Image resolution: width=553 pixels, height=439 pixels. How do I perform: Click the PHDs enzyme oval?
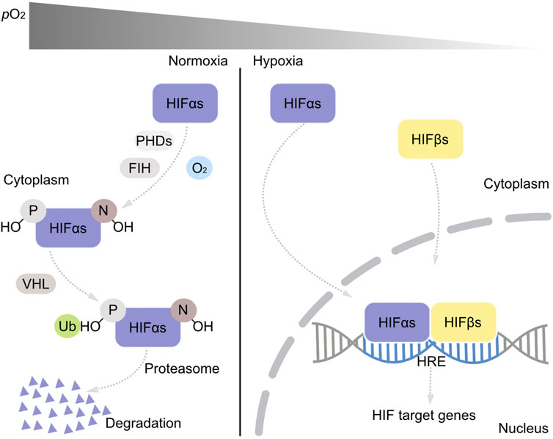point(154,139)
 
